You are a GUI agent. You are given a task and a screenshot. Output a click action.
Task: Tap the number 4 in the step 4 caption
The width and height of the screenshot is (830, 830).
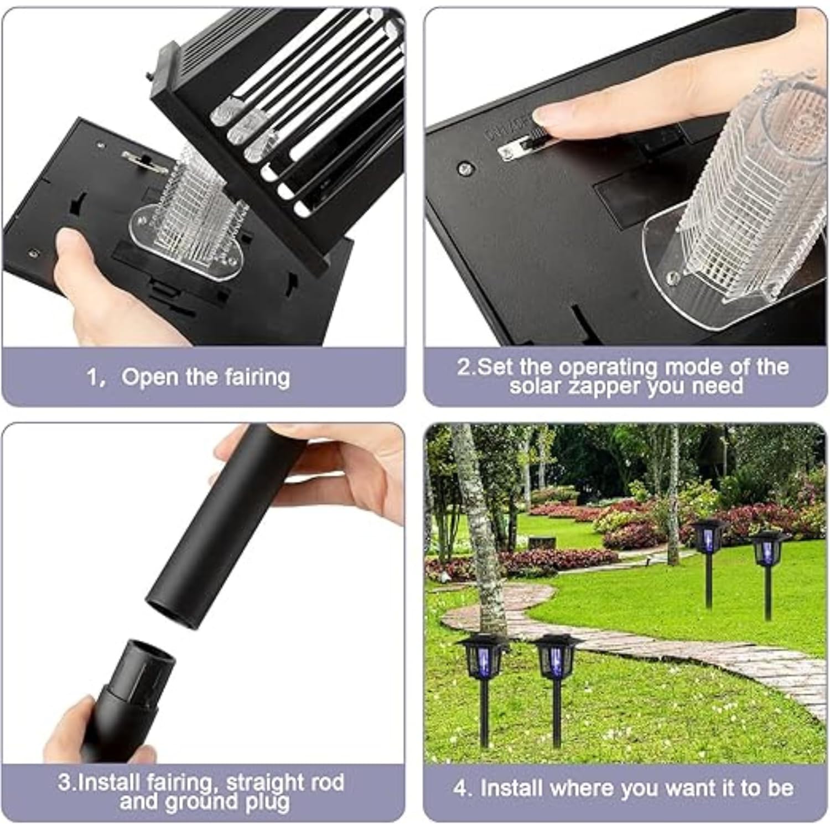[459, 788]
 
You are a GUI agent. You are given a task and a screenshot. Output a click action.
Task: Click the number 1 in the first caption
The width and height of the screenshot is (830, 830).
[92, 377]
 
